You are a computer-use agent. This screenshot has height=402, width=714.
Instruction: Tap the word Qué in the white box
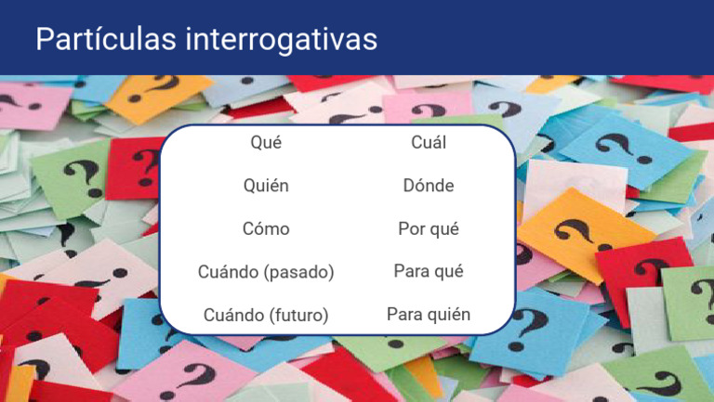pyautogui.click(x=266, y=143)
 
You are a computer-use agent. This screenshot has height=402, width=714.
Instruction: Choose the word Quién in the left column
pyautogui.click(x=266, y=186)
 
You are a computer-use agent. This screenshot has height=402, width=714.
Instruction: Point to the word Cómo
pyautogui.click(x=266, y=228)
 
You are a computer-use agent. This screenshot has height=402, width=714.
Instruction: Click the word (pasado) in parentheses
pyautogui.click(x=298, y=272)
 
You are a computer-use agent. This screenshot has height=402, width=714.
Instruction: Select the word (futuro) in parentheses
pyautogui.click(x=298, y=316)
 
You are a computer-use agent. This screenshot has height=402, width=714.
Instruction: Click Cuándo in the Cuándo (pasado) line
pyautogui.click(x=229, y=272)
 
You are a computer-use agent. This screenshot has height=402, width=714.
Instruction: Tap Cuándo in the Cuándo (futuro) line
pyautogui.click(x=233, y=316)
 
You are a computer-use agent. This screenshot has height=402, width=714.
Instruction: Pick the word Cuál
pyautogui.click(x=429, y=143)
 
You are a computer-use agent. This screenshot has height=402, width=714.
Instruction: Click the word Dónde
pyautogui.click(x=429, y=186)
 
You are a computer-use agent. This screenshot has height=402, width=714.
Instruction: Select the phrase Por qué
pyautogui.click(x=429, y=228)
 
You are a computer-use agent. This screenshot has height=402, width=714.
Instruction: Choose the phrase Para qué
pyautogui.click(x=429, y=271)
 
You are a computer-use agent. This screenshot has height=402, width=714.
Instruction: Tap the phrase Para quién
pyautogui.click(x=429, y=315)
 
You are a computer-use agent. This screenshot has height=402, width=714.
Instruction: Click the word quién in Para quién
pyautogui.click(x=449, y=315)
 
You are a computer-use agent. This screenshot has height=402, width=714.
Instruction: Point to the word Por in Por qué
pyautogui.click(x=411, y=228)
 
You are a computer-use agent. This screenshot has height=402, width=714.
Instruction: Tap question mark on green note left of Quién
pyautogui.click(x=82, y=176)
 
